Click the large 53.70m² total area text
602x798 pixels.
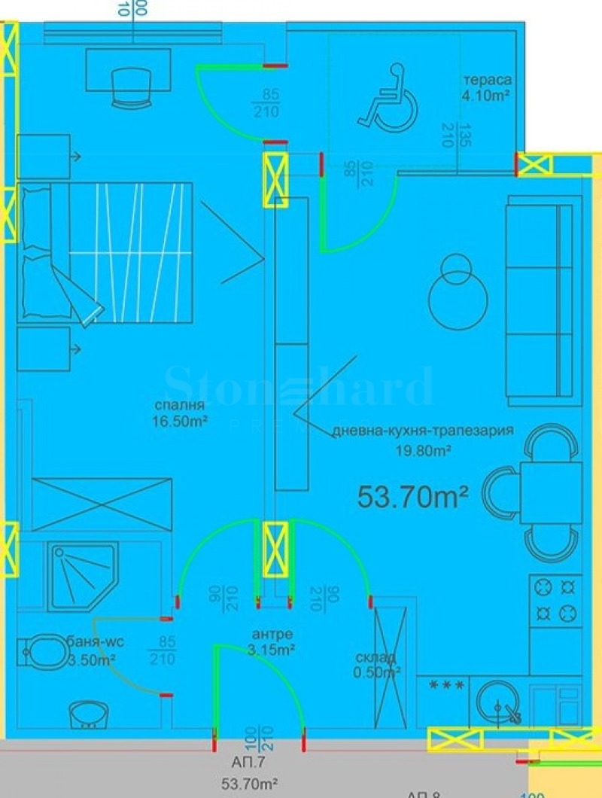click(x=412, y=496)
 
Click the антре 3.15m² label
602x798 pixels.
click(x=272, y=641)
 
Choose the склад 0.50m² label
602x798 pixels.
click(x=376, y=664)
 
